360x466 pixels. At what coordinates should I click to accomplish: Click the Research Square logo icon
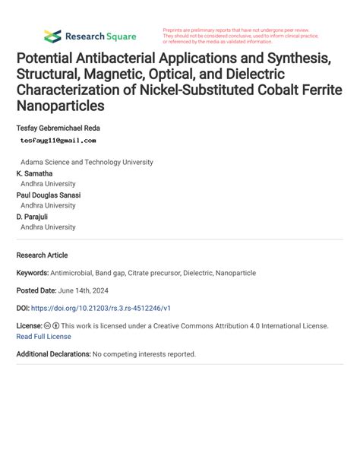52,36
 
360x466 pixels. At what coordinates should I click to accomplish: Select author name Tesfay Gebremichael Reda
58,128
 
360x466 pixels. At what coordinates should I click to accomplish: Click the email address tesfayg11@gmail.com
58,141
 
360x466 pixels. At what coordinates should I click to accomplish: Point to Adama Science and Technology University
87,162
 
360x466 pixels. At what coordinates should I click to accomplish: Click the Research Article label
42,255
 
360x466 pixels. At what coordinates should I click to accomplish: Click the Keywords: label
35,272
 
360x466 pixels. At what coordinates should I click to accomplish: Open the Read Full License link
43,336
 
